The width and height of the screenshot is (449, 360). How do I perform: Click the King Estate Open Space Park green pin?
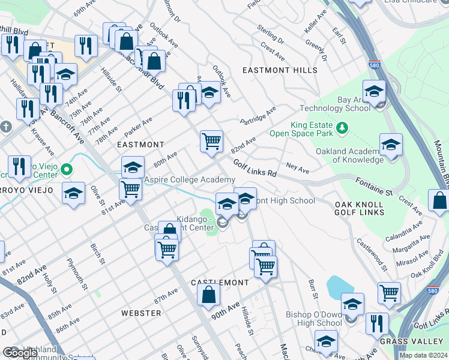pyautogui.click(x=342, y=127)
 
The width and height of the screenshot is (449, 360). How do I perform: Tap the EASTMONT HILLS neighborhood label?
pyautogui.click(x=280, y=70)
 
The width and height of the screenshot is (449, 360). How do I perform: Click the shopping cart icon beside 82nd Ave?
pyautogui.click(x=211, y=142)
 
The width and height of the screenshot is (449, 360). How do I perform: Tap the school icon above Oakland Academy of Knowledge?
pyautogui.click(x=391, y=145)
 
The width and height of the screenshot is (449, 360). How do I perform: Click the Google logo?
pyautogui.click(x=20, y=352)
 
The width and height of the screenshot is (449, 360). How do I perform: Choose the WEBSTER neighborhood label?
pyautogui.click(x=141, y=313)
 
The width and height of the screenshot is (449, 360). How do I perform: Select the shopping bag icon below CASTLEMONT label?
pyautogui.click(x=208, y=295)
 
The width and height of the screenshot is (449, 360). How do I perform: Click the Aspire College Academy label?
pyautogui.click(x=188, y=180)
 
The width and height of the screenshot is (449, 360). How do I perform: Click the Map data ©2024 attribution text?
pyautogui.click(x=423, y=355)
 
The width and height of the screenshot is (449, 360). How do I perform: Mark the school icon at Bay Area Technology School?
pyautogui.click(x=374, y=92)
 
